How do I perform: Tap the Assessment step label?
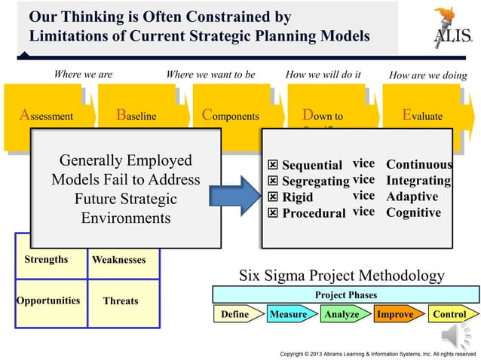pyautogui.click(x=47, y=117)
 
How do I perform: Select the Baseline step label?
pyautogui.click(x=136, y=117)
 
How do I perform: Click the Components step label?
pyautogui.click(x=231, y=117)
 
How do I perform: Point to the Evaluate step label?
pyautogui.click(x=422, y=117)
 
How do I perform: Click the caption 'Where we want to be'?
pyautogui.click(x=210, y=75)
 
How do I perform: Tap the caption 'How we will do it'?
pyautogui.click(x=323, y=75)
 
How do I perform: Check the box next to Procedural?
pyautogui.click(x=274, y=213)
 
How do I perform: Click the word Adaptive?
pyautogui.click(x=413, y=197)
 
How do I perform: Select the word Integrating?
pyautogui.click(x=418, y=181)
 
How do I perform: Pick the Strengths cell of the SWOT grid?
pyautogui.click(x=46, y=260)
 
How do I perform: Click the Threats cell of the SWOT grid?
pyautogui.click(x=121, y=301)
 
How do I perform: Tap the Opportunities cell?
pyautogui.click(x=47, y=300)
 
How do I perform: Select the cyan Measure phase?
pyautogui.click(x=288, y=314)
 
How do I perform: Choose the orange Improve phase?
pyautogui.click(x=395, y=314)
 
